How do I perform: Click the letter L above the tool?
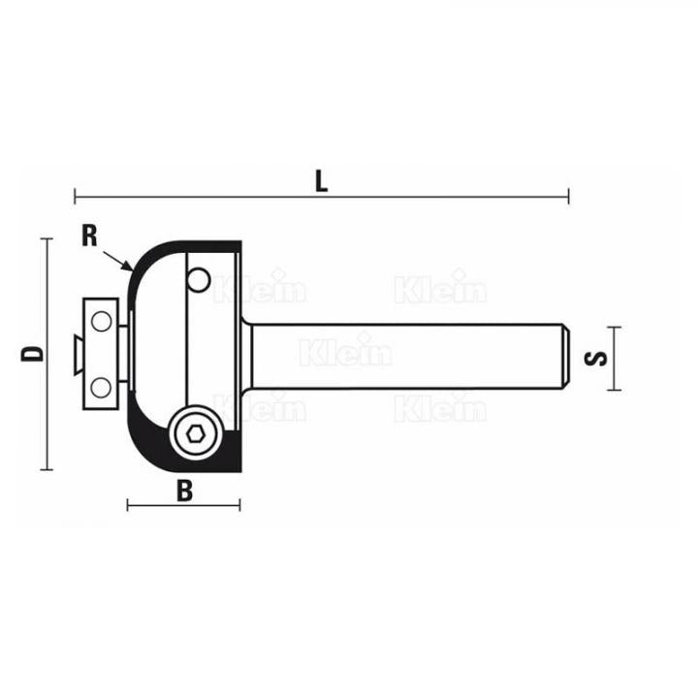coord(321,179)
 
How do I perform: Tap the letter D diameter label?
coord(33,353)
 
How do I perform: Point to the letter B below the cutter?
coord(184,491)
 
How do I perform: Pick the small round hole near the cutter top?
coord(199,279)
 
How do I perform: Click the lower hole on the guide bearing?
coord(101,388)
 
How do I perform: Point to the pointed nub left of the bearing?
coord(74,355)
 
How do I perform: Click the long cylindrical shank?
coord(407,356)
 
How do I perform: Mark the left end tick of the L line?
coord(75,197)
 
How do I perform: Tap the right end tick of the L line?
coord(569,197)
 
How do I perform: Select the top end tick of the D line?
coord(46,238)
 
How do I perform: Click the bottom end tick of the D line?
coord(46,469)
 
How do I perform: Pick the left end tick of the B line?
coord(128,504)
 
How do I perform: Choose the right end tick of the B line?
coord(239,504)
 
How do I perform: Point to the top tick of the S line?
coord(614,328)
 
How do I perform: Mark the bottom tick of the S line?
coord(614,390)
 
